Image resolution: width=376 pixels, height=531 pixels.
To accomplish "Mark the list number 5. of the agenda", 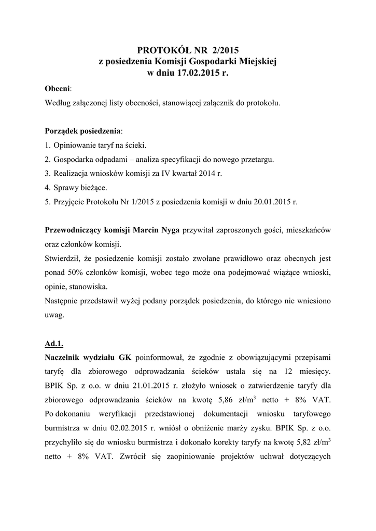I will (x=48, y=202).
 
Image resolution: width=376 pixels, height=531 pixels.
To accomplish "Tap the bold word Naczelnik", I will (x=64, y=357).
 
